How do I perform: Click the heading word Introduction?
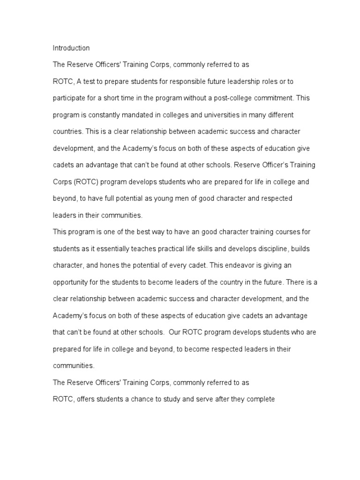point(71,48)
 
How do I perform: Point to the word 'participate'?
point(68,98)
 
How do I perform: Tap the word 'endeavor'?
point(242,265)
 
